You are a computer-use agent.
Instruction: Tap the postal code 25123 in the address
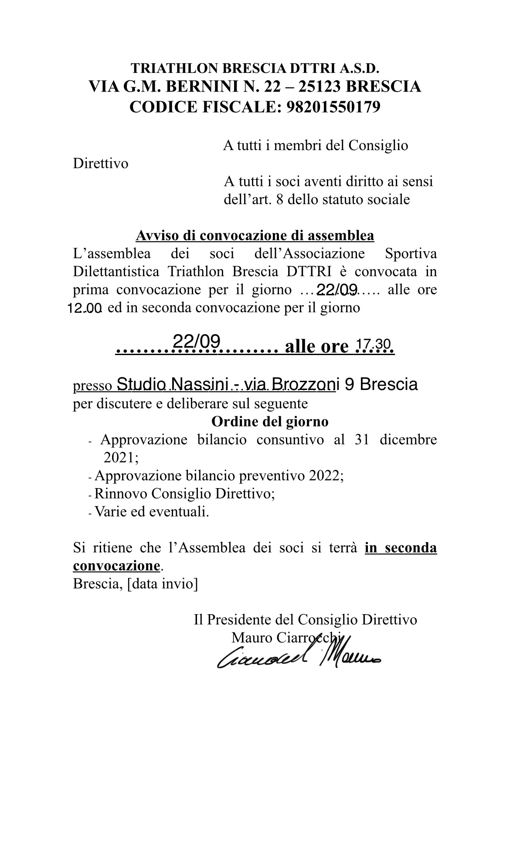coord(320,86)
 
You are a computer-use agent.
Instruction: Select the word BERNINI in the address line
coord(201,86)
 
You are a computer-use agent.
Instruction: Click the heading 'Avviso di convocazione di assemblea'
coord(255,236)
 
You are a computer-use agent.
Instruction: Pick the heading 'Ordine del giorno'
coord(270,422)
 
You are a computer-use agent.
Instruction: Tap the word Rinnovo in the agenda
coord(121,493)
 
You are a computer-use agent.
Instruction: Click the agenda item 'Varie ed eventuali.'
coord(152,511)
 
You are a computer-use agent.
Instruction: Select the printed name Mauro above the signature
coord(252,637)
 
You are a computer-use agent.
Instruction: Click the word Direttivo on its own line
coord(101,164)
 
